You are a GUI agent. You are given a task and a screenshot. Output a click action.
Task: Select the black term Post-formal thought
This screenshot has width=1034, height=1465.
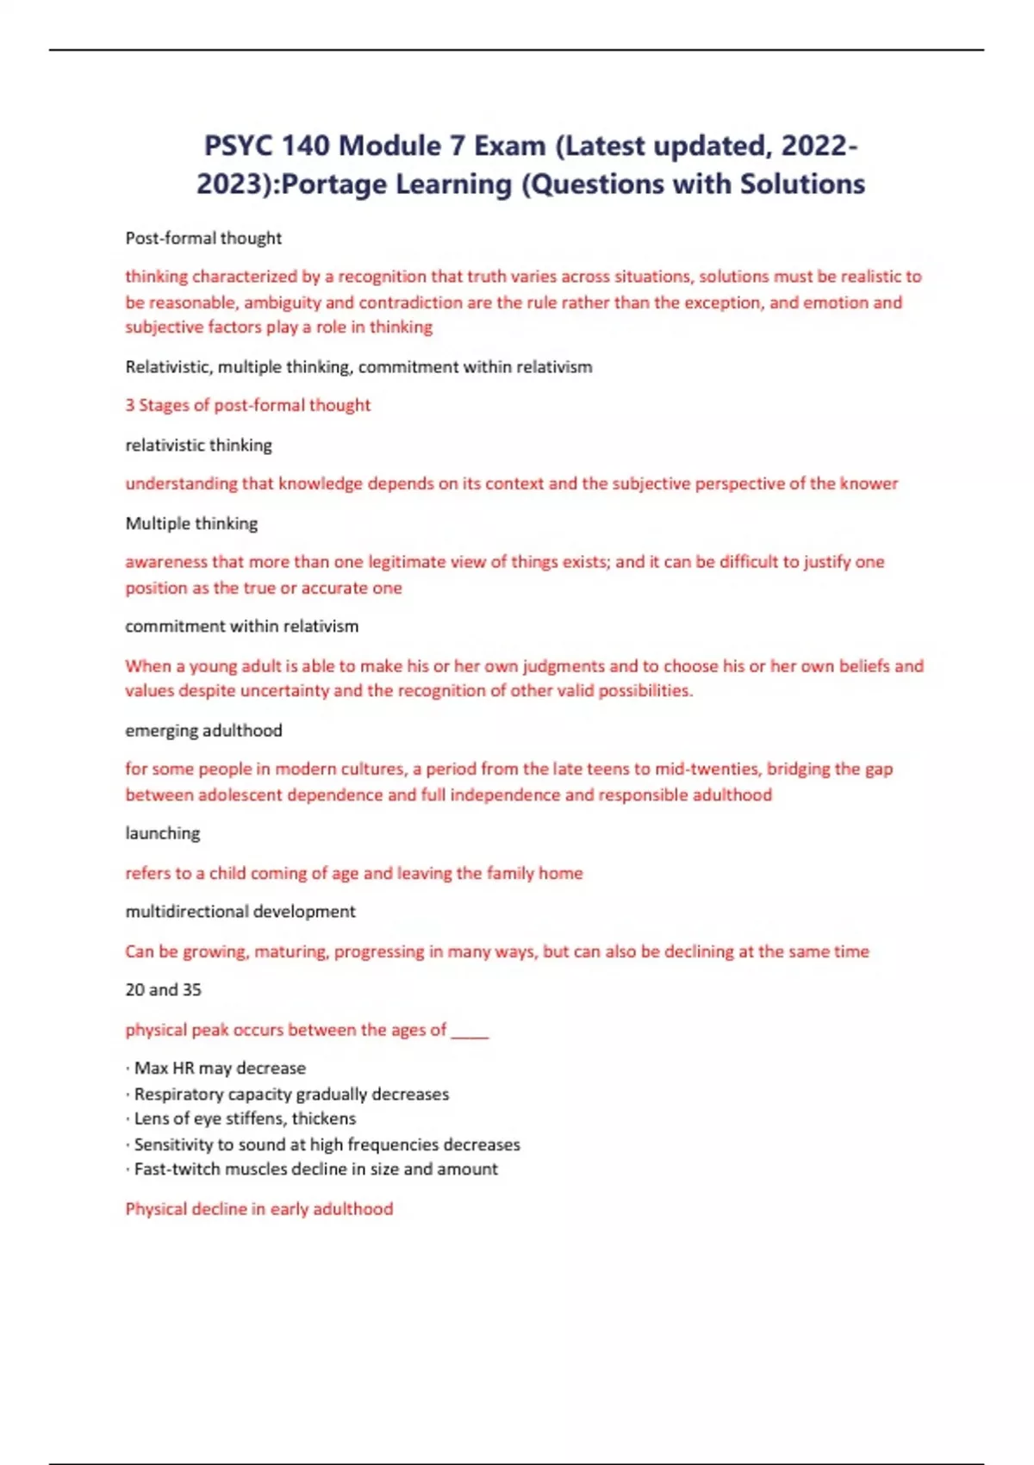pyautogui.click(x=203, y=238)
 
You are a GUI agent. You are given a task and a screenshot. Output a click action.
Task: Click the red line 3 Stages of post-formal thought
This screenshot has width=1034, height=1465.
pyautogui.click(x=248, y=405)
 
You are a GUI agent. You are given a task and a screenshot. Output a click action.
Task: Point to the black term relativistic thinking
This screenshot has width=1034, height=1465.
pyautogui.click(x=198, y=445)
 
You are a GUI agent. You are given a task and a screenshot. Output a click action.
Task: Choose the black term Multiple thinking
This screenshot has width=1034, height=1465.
pyautogui.click(x=191, y=523)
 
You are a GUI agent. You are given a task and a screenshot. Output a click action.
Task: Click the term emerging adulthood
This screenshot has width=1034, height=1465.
pyautogui.click(x=203, y=730)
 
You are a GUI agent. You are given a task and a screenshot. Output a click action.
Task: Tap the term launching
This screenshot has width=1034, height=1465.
pyautogui.click(x=162, y=833)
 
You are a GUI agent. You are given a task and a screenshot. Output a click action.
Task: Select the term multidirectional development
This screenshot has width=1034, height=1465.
pyautogui.click(x=240, y=911)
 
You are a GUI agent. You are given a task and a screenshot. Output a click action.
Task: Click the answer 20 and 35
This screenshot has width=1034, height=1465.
pyautogui.click(x=163, y=989)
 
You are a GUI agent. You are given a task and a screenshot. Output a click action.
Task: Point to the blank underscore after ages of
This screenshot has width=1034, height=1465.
pyautogui.click(x=470, y=1032)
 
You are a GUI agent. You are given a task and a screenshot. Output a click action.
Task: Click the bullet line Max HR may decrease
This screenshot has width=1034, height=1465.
pyautogui.click(x=219, y=1068)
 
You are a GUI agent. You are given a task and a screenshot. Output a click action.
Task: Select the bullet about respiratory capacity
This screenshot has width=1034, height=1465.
pyautogui.click(x=290, y=1094)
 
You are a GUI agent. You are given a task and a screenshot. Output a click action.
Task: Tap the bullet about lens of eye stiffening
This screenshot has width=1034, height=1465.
pyautogui.click(x=244, y=1119)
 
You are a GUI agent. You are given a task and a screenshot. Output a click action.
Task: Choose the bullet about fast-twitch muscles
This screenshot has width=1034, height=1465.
pyautogui.click(x=315, y=1169)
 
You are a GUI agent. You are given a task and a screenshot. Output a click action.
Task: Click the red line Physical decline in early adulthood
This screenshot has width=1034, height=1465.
pyautogui.click(x=258, y=1208)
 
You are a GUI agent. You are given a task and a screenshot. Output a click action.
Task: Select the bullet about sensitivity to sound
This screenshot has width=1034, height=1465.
pyautogui.click(x=326, y=1144)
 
